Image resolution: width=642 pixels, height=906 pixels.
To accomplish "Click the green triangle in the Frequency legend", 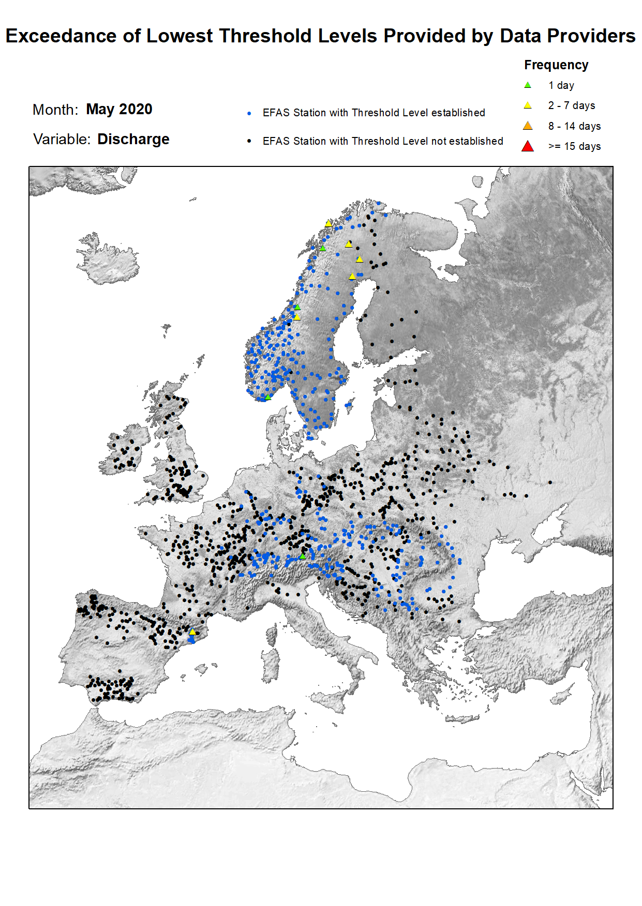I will [x=527, y=85].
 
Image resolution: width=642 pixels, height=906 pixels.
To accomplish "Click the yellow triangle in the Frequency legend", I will [x=527, y=105].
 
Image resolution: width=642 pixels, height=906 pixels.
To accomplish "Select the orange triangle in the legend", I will [x=527, y=126].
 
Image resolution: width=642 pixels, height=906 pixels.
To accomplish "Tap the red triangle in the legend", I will [x=527, y=146].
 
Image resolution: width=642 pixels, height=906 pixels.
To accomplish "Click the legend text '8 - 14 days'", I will [x=574, y=126].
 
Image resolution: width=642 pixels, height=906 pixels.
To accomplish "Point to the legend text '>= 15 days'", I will [x=574, y=146].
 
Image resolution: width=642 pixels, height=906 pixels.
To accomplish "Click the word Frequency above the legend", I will [x=556, y=65].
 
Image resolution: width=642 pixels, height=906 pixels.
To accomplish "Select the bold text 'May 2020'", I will [x=119, y=109].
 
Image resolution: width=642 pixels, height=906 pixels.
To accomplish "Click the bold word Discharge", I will [x=133, y=139].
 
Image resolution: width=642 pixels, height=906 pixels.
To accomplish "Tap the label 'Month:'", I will [x=55, y=110].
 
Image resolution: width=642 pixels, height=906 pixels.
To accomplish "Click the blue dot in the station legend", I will [x=249, y=113].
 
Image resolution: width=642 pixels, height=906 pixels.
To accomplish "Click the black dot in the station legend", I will [x=249, y=141].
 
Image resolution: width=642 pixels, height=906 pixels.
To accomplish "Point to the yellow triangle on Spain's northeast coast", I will [x=192, y=632].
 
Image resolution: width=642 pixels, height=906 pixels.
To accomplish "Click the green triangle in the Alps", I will [x=303, y=556].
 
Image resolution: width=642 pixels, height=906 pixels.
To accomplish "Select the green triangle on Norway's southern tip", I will [x=268, y=397].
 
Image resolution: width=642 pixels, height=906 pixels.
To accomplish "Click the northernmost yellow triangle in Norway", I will [x=329, y=223].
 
